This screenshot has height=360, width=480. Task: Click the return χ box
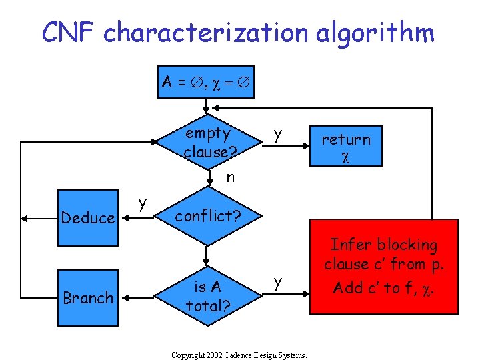pos(346,145)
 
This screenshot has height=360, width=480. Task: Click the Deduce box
pos(87,218)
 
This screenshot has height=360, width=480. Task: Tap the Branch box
pos(87,297)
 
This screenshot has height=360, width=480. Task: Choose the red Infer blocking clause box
pos(385,266)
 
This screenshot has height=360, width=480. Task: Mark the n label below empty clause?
pos(230,177)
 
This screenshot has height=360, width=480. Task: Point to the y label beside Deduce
pos(142,202)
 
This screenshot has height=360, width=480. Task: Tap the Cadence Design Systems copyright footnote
pos(239,355)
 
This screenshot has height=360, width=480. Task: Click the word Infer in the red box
pos(347,245)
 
